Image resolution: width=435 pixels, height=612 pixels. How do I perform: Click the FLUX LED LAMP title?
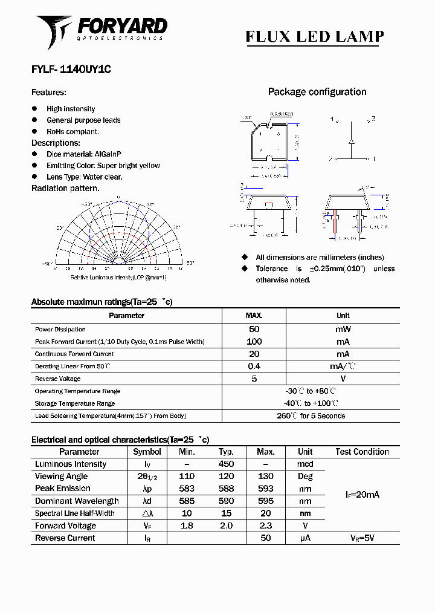pos(314,37)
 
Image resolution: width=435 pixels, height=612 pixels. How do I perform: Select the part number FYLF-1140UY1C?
pos(71,70)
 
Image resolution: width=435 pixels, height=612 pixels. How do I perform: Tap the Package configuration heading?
pos(317,92)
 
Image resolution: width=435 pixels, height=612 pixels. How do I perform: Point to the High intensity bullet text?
pos(71,109)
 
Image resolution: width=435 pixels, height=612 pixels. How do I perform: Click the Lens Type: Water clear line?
pos(85,177)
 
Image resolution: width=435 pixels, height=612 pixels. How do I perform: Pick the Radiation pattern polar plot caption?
pos(118,277)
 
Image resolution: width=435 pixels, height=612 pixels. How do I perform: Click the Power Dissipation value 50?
pos(254,330)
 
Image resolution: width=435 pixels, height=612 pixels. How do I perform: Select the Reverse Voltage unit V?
pos(343,379)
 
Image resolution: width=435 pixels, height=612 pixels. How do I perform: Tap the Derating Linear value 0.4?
pos(254,366)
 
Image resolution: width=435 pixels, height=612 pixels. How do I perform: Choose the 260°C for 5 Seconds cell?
pos(311,416)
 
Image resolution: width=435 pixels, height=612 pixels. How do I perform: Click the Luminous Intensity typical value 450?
pos(226,464)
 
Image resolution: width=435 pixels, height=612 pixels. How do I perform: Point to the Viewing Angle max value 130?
pos(265,477)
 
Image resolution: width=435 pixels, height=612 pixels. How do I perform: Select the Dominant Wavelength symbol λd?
pos(147,501)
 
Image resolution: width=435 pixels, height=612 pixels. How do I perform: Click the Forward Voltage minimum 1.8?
pos(187,526)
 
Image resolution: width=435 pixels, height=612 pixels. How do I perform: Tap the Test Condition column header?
pos(362,452)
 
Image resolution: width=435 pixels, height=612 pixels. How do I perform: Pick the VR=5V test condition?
pos(362,538)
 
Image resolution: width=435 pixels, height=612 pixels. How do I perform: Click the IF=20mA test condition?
pos(362,495)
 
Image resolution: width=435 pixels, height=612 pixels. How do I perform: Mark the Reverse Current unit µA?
pos(305,538)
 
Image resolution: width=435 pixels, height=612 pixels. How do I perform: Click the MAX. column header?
pos(254,316)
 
